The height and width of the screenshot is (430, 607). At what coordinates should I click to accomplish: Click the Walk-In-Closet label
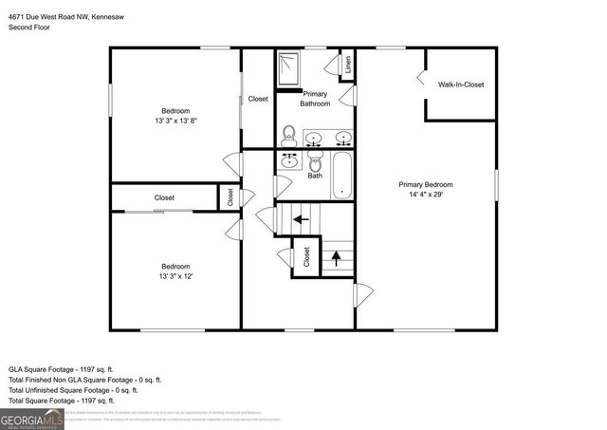pos(460,84)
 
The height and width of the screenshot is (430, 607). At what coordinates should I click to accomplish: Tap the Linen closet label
pos(348,65)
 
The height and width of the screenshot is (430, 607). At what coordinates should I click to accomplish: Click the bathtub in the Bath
pos(342,175)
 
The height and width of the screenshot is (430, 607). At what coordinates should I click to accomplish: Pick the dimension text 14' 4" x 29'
pos(425,195)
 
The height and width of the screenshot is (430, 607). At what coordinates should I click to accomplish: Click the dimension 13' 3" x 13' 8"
pos(175,121)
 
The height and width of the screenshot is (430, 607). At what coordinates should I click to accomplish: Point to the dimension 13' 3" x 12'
pos(175,276)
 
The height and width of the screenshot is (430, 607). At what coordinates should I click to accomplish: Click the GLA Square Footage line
pos(61,367)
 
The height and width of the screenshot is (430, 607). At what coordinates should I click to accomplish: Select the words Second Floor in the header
pos(29,28)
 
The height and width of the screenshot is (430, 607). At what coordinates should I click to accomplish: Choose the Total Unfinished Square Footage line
pos(73,389)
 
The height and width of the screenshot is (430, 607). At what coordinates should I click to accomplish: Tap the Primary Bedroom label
pos(425,184)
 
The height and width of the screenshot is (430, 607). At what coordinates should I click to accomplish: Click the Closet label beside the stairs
pos(306,256)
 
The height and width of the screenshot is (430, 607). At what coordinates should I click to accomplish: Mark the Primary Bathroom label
pos(316,99)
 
